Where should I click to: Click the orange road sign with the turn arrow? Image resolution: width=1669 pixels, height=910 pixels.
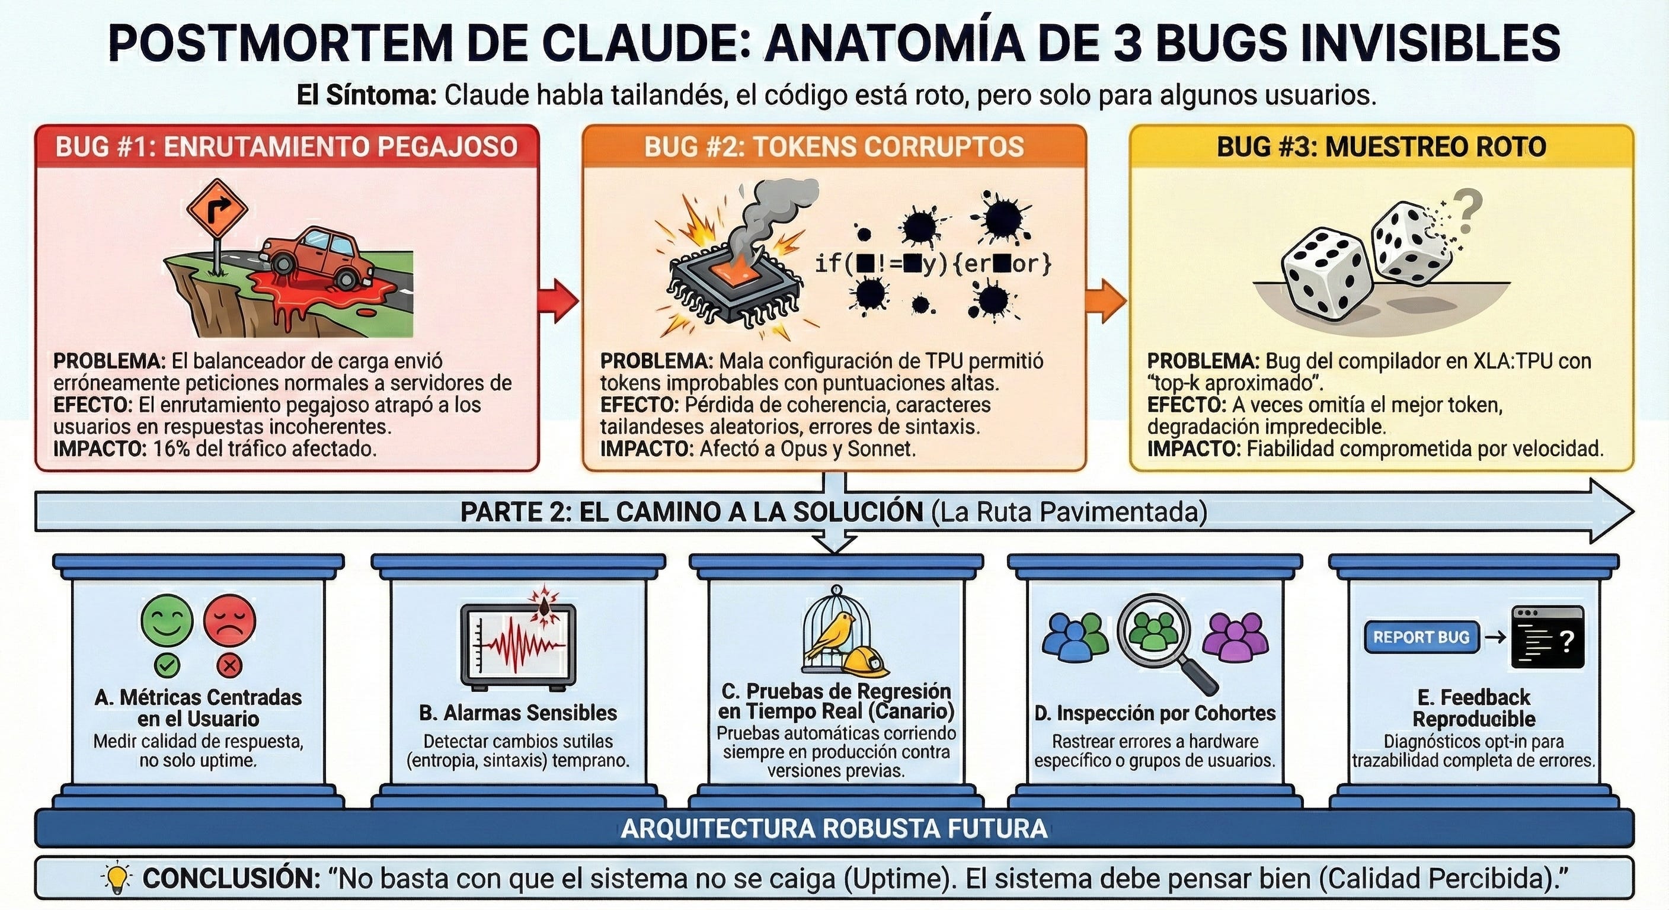pyautogui.click(x=217, y=209)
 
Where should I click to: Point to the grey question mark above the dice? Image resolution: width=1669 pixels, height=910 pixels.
pyautogui.click(x=1466, y=211)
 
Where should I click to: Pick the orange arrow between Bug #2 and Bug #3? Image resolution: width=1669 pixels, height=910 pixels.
pyautogui.click(x=1107, y=300)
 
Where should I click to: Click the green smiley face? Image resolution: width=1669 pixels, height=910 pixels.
pyautogui.click(x=167, y=620)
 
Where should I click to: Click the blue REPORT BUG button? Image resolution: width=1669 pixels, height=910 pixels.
pyautogui.click(x=1421, y=637)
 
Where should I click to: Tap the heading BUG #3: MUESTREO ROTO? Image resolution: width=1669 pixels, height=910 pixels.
pyautogui.click(x=1382, y=147)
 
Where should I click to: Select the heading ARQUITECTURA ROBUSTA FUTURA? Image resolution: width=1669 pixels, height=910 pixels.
pyautogui.click(x=834, y=828)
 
